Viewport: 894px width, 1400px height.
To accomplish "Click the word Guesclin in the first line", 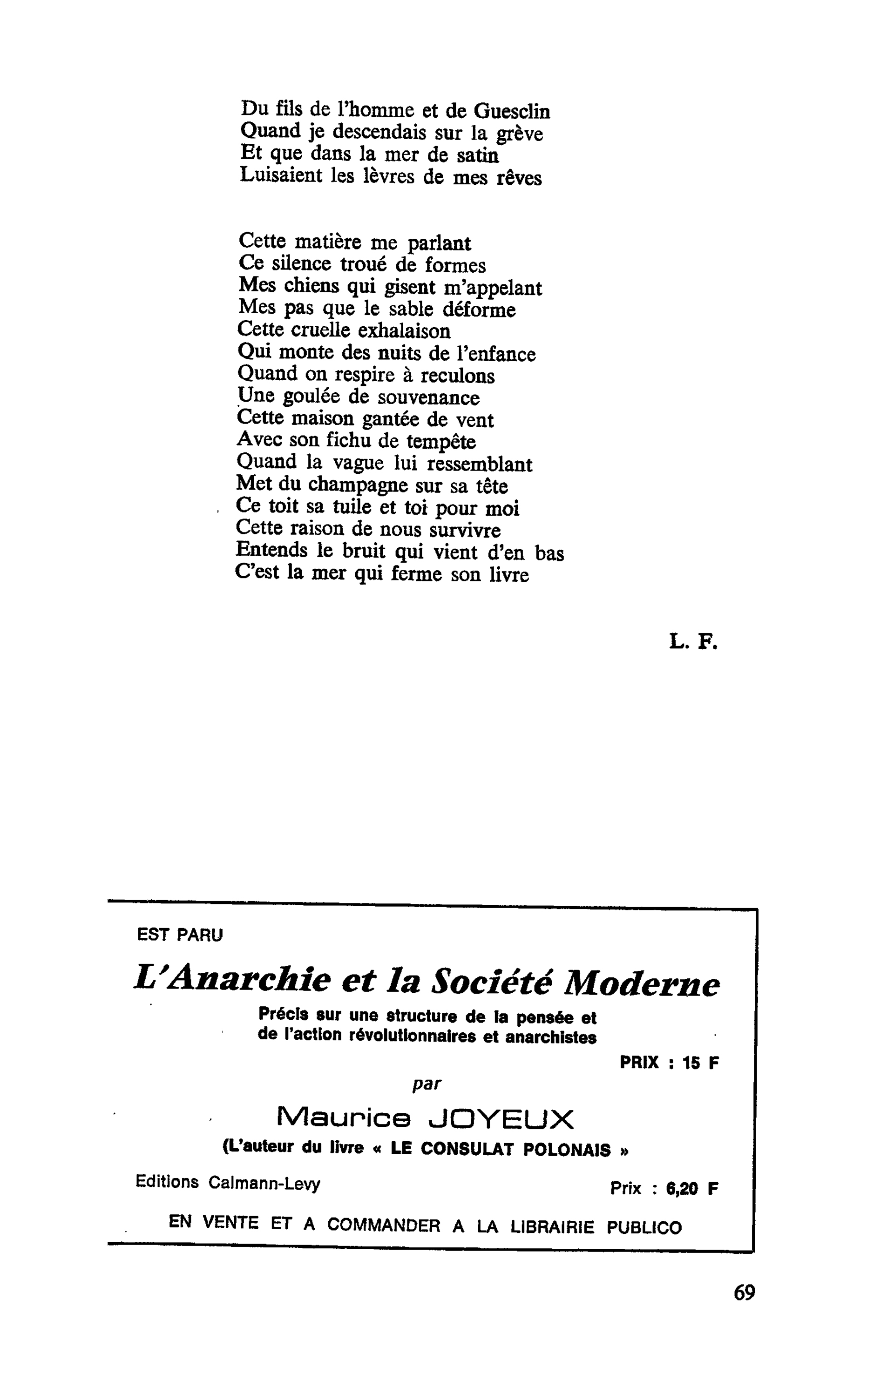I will coord(512,111).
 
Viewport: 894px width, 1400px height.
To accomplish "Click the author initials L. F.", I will coord(693,642).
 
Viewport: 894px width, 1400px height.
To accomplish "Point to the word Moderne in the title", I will coord(642,984).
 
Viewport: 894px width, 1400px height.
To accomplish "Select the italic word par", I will coord(427,1084).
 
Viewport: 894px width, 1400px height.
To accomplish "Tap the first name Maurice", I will coord(343,1118).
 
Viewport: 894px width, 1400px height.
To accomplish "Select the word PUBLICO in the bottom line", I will coord(644,1227).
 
